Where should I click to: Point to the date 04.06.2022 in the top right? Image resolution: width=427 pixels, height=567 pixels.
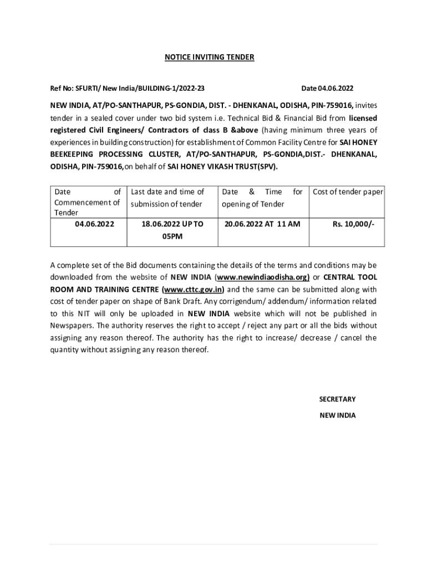point(327,88)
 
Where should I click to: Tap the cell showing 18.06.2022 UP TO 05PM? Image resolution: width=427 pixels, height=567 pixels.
point(172,230)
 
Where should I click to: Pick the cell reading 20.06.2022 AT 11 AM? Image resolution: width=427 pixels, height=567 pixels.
point(262,224)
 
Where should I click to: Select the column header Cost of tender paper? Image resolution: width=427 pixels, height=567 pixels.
point(348,192)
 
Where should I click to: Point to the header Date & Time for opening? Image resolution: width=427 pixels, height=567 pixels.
point(262,198)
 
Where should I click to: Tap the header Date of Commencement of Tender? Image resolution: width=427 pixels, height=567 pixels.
point(87,202)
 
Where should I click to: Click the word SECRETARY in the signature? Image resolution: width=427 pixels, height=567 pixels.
point(337,399)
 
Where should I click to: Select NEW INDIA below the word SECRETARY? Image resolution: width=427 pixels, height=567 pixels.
point(337,415)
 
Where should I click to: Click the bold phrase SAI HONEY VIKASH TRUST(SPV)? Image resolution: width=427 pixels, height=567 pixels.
point(223,166)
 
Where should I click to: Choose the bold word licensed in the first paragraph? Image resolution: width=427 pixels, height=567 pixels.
point(363,117)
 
